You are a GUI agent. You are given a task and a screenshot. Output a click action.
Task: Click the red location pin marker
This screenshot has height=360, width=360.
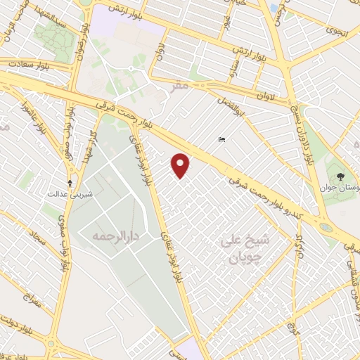click(x=181, y=165)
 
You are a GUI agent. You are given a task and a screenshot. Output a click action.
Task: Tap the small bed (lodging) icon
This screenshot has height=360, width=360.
click(x=222, y=140)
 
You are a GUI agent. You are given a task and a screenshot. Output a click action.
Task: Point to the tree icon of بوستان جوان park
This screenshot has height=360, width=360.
click(x=341, y=176)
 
